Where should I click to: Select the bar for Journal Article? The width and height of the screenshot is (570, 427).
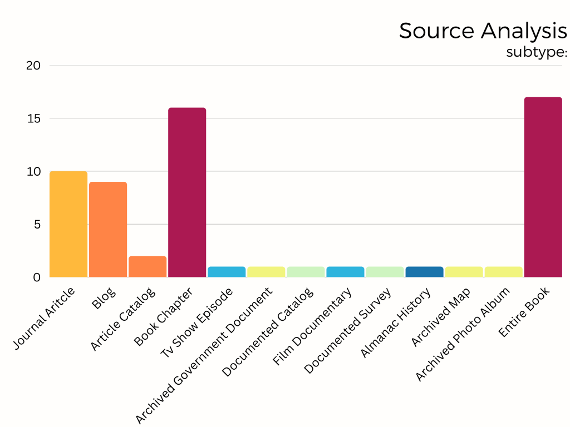68,224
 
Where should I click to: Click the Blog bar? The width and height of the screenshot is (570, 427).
108,229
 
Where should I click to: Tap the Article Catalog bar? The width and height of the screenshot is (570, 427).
148,266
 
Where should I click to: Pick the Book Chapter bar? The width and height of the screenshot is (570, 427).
187,192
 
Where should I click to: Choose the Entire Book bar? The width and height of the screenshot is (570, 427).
543,187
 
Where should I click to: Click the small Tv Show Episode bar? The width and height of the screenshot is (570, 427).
227,272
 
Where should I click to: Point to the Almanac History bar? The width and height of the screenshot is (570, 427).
425,272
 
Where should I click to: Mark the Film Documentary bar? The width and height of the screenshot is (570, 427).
345,272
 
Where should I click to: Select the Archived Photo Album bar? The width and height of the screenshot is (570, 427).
504,272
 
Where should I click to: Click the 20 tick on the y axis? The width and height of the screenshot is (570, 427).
33,66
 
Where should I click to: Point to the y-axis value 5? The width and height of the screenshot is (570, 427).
37,225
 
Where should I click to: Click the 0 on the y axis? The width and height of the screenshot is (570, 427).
37,277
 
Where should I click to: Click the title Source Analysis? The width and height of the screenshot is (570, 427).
483,31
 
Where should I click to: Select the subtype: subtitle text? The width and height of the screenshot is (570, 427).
536,52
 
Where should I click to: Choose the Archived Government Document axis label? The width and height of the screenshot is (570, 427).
204,356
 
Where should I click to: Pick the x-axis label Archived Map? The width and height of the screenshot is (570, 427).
441,317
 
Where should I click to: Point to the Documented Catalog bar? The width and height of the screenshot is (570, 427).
306,272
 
